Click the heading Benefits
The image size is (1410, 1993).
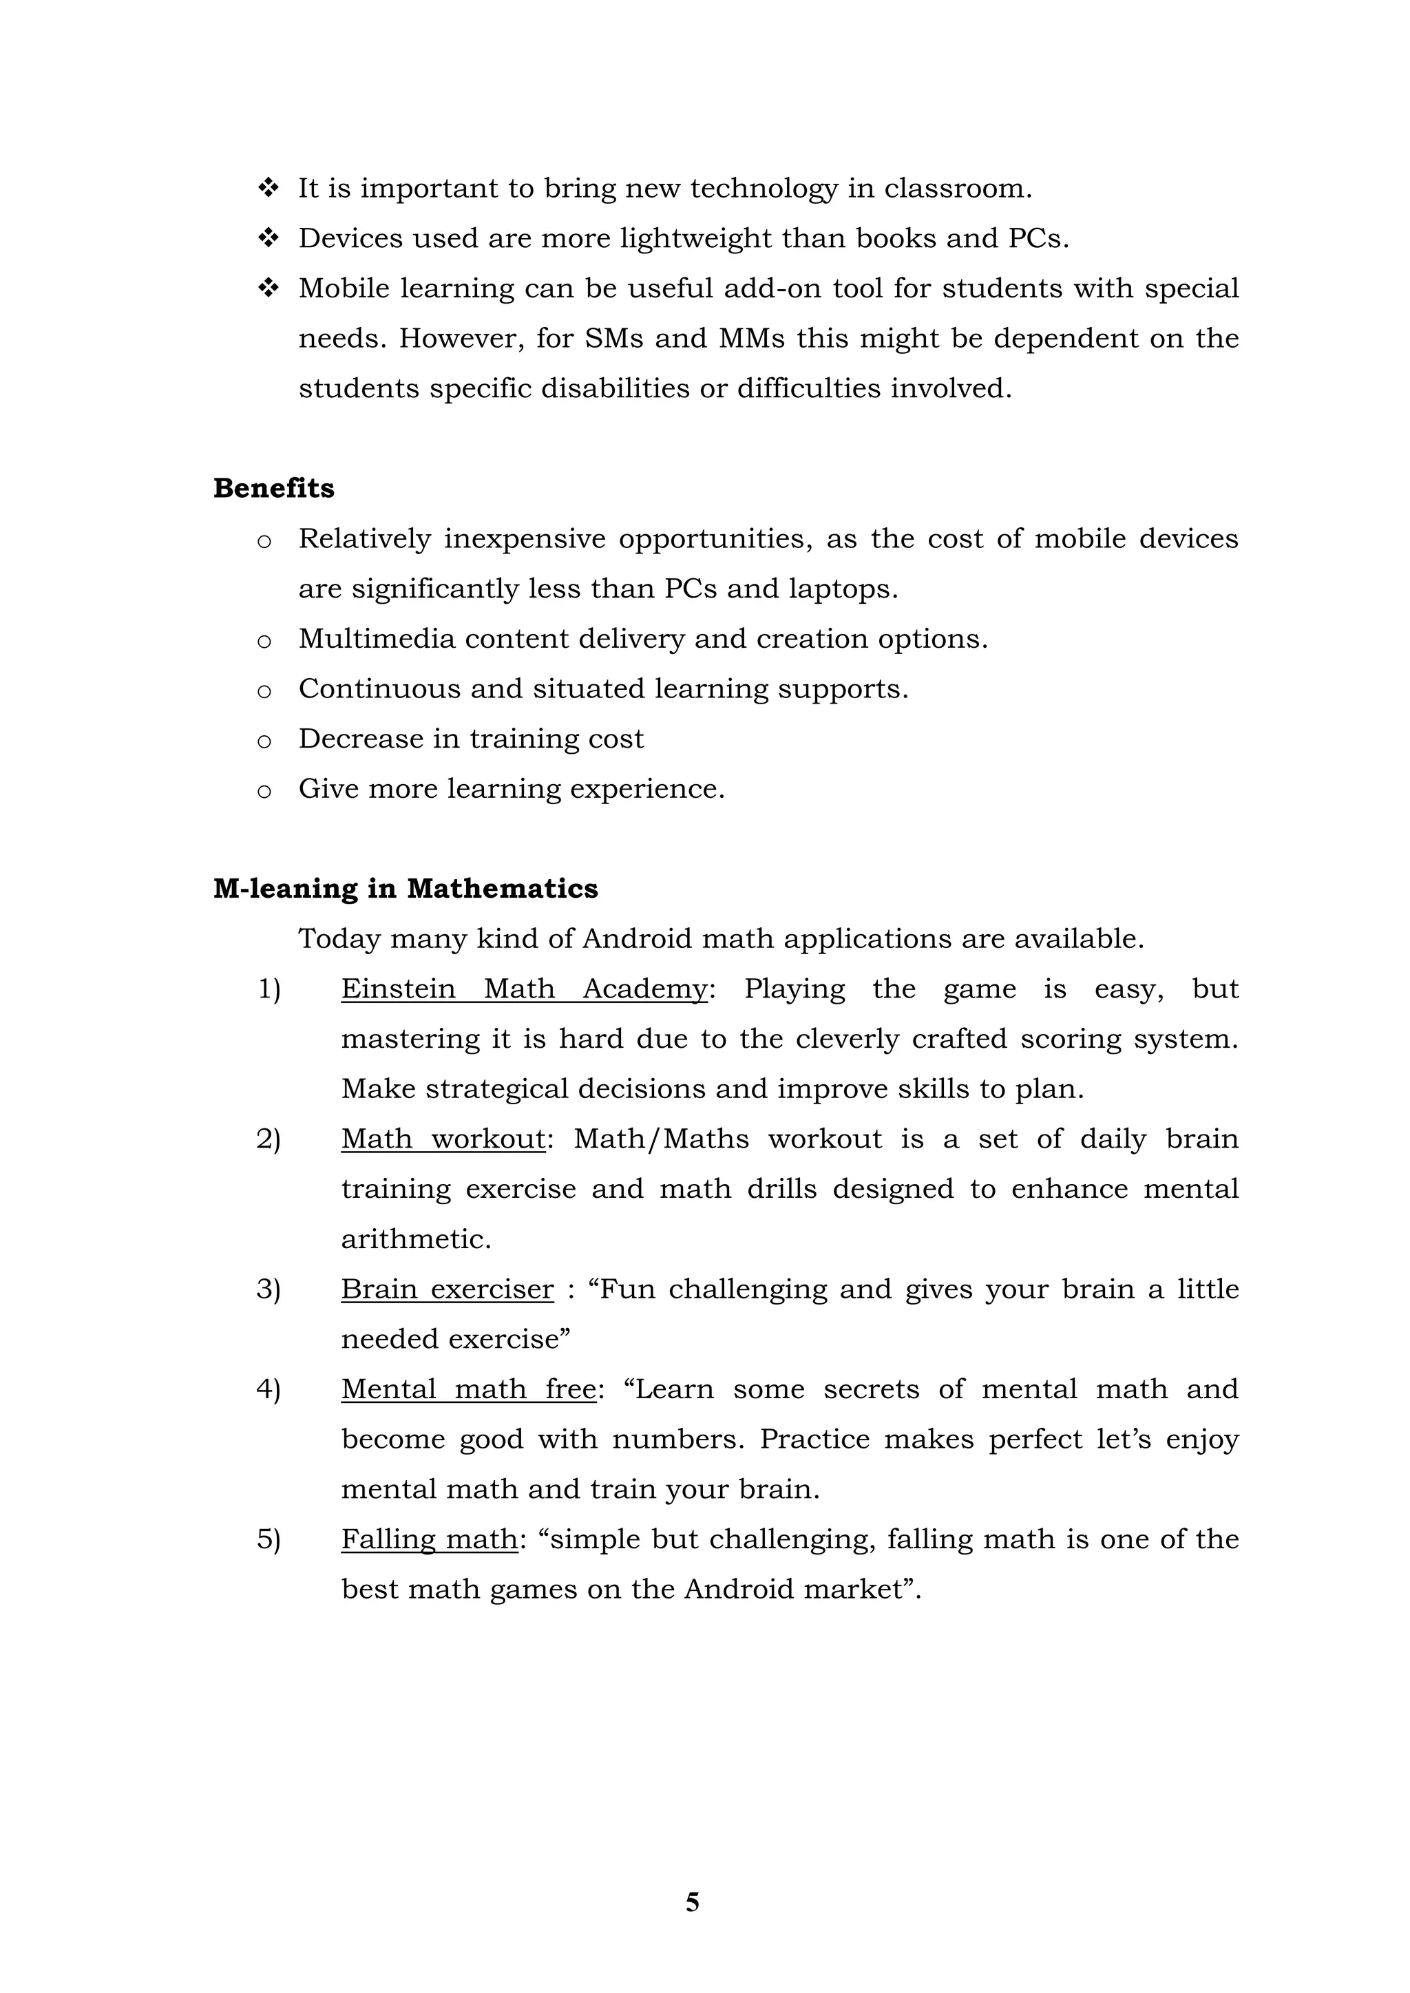(x=273, y=489)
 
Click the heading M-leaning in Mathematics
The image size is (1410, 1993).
(x=406, y=889)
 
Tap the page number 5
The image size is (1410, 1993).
(x=692, y=1902)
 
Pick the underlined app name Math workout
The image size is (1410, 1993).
(x=443, y=1139)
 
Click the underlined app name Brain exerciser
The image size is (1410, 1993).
(x=447, y=1289)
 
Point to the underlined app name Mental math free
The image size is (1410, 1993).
(x=468, y=1389)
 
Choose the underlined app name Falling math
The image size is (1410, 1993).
(x=429, y=1539)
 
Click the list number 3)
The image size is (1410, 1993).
(x=269, y=1289)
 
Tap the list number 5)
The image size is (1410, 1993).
(x=269, y=1539)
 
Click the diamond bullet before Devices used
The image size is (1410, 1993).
(x=269, y=237)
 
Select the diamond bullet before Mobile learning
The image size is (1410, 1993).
(x=269, y=287)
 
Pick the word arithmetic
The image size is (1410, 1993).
(x=415, y=1238)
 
